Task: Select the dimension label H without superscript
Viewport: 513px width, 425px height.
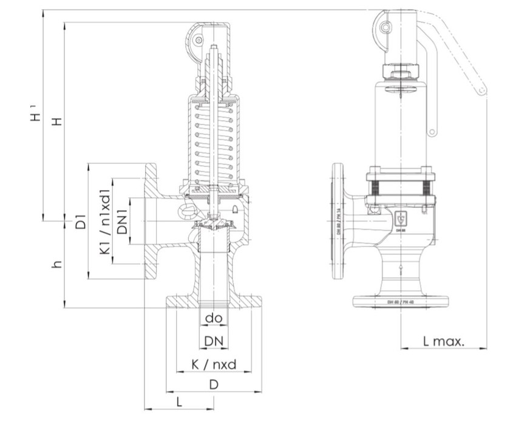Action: (58, 121)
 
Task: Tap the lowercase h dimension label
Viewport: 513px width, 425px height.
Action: (57, 265)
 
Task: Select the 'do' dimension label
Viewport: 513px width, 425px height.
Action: (213, 318)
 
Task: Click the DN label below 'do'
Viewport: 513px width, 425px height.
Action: (213, 342)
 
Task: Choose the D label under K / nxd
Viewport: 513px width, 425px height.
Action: (214, 384)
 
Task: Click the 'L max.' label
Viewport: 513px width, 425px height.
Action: (443, 341)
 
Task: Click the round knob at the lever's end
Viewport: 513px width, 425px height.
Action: (481, 91)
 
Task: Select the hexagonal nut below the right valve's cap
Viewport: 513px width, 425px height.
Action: (401, 73)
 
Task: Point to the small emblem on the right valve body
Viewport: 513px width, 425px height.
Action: (401, 220)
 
